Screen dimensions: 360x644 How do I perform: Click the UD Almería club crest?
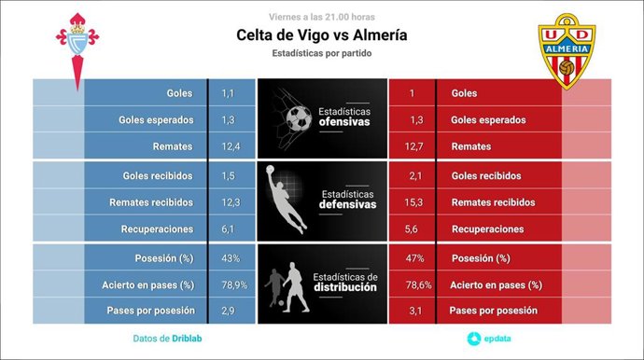tap(567, 46)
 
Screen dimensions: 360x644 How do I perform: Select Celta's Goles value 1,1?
tap(230, 93)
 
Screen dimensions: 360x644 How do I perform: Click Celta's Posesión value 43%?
tap(230, 258)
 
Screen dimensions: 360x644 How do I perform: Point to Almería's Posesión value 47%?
tap(416, 258)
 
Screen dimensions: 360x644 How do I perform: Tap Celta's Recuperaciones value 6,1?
tap(230, 228)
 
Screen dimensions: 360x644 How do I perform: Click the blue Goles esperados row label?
tap(155, 120)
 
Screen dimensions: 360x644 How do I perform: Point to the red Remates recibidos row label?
tap(493, 202)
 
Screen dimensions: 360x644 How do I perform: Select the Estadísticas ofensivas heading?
tap(344, 117)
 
